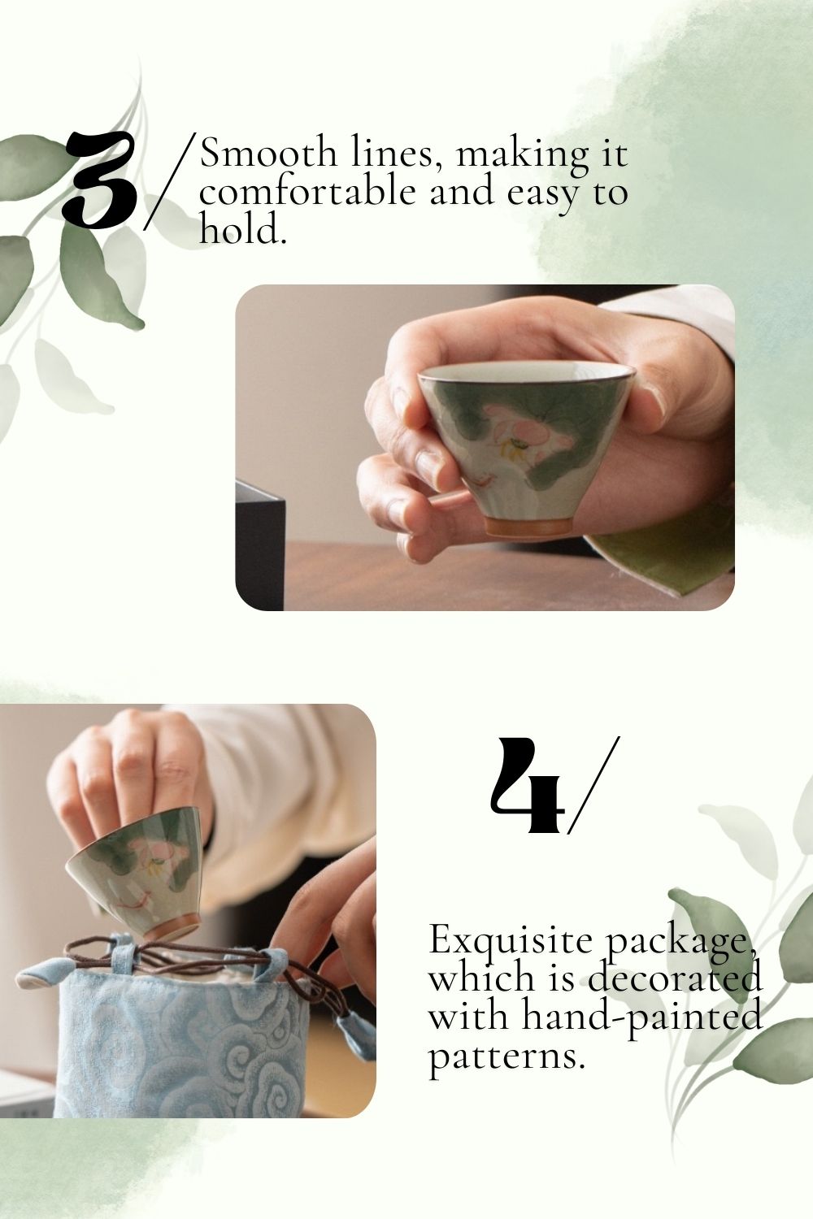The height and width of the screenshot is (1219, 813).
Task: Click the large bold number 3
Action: coord(100,179)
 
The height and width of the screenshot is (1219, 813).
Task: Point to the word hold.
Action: coord(242,228)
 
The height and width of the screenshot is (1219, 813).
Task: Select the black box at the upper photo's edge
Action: coord(259,544)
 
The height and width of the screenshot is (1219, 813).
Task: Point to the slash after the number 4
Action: coord(593,785)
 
